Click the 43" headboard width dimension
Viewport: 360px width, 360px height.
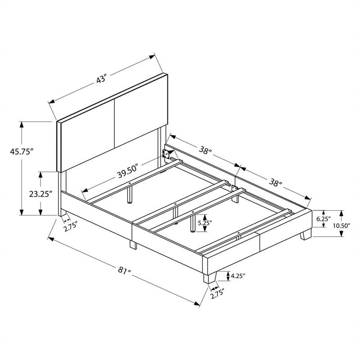101,79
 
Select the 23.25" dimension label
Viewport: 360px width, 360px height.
40,194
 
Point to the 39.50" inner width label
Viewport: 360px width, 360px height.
128,171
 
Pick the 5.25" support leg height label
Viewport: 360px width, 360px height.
205,222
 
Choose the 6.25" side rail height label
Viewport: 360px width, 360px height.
324,219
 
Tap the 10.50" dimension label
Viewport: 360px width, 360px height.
342,225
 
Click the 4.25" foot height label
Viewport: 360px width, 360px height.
238,276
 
